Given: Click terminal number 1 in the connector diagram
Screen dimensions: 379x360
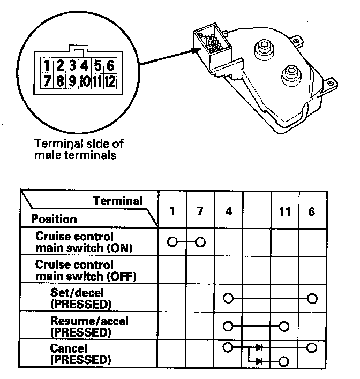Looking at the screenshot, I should (48, 66).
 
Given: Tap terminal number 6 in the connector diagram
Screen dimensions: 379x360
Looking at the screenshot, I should (110, 66).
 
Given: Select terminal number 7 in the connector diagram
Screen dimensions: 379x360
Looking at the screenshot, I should (48, 82).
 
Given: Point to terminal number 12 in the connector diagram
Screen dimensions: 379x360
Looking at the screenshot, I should (110, 82).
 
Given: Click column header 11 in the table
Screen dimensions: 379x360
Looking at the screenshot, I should (284, 211).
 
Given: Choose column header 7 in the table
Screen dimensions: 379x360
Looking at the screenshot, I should (200, 211).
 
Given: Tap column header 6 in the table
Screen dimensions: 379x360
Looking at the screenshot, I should (312, 211).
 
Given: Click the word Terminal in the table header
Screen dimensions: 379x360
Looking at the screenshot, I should (118, 201).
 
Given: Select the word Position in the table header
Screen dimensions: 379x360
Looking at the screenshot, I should (54, 219).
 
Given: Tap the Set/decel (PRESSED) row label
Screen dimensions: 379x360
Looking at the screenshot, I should (80, 299).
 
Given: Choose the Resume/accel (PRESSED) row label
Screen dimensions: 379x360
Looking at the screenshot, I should (89, 327).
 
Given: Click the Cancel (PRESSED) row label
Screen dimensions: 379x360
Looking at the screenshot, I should (80, 354).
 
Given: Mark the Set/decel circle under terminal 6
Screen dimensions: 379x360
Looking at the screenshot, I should (312, 298).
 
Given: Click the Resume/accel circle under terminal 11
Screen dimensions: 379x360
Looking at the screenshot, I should (284, 326).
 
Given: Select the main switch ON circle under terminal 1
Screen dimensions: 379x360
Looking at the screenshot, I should (172, 242).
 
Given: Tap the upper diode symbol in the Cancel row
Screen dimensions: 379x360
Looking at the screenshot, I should (259, 348).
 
